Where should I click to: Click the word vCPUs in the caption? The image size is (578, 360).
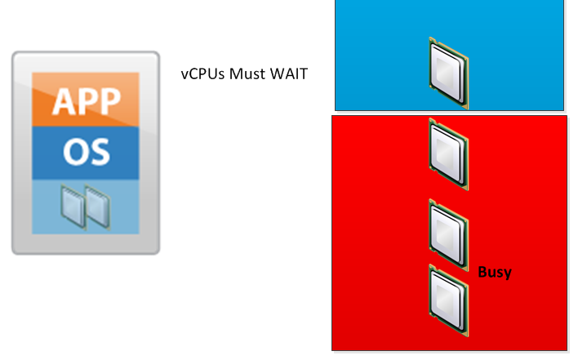203,73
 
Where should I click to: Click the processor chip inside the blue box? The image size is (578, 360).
448,73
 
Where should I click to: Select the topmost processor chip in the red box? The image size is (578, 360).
448,155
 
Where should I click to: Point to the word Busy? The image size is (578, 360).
494,272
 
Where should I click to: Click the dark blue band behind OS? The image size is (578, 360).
49,151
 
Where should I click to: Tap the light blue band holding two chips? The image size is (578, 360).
49,208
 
